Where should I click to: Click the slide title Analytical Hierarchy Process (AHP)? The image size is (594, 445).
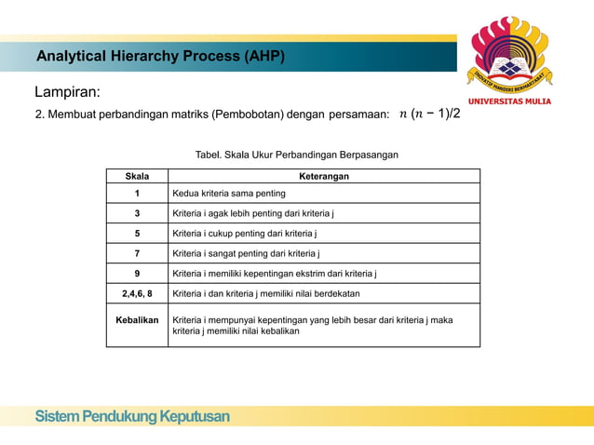click(x=160, y=58)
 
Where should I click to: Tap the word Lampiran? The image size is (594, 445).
click(x=67, y=93)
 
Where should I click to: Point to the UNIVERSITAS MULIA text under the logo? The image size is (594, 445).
click(x=508, y=101)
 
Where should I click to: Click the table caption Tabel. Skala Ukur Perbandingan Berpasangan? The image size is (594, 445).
click(x=296, y=155)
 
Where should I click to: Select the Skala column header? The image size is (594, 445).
click(x=136, y=175)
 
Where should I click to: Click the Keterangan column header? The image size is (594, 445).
click(x=323, y=175)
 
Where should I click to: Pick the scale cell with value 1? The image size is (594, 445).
click(x=136, y=194)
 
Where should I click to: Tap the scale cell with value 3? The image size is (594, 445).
click(x=136, y=213)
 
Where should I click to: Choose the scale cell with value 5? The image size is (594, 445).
click(x=136, y=234)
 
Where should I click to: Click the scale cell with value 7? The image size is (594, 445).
click(x=136, y=253)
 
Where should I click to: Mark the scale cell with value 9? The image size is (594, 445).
click(x=136, y=274)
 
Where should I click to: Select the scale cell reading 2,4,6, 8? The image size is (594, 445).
click(x=136, y=293)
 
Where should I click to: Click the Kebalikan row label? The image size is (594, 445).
click(x=136, y=319)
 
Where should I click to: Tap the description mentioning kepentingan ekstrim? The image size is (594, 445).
click(x=275, y=274)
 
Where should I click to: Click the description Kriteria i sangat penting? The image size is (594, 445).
click(x=246, y=253)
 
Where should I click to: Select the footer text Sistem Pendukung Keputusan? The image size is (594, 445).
click(x=132, y=416)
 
